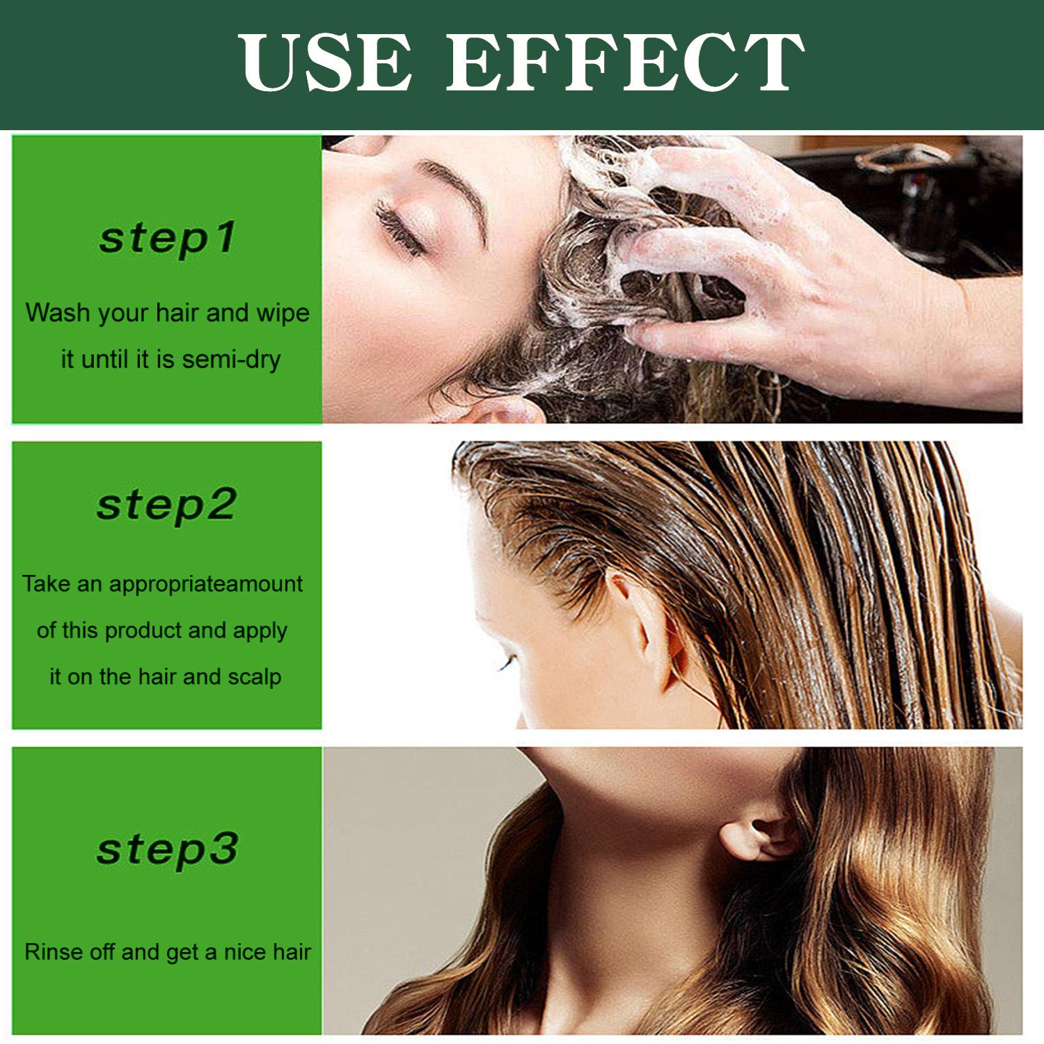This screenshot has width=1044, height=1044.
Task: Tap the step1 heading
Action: click(x=167, y=238)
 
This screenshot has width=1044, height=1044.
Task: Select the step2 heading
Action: click(x=167, y=505)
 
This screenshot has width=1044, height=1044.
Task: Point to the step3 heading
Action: click(x=167, y=849)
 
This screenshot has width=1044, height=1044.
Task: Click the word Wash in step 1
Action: click(x=58, y=313)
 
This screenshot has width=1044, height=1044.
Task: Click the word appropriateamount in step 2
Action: click(x=206, y=583)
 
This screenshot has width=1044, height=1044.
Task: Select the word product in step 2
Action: click(x=143, y=631)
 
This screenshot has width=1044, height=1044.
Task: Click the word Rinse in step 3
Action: click(x=54, y=951)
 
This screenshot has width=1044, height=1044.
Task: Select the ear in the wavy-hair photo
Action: click(x=759, y=835)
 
